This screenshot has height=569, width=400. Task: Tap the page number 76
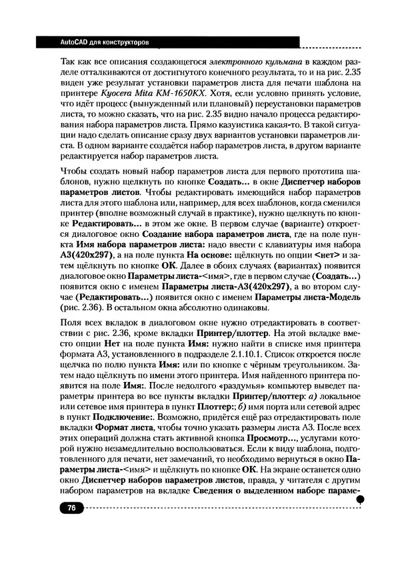click(70, 508)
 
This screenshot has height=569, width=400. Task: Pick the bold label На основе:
click(210, 254)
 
